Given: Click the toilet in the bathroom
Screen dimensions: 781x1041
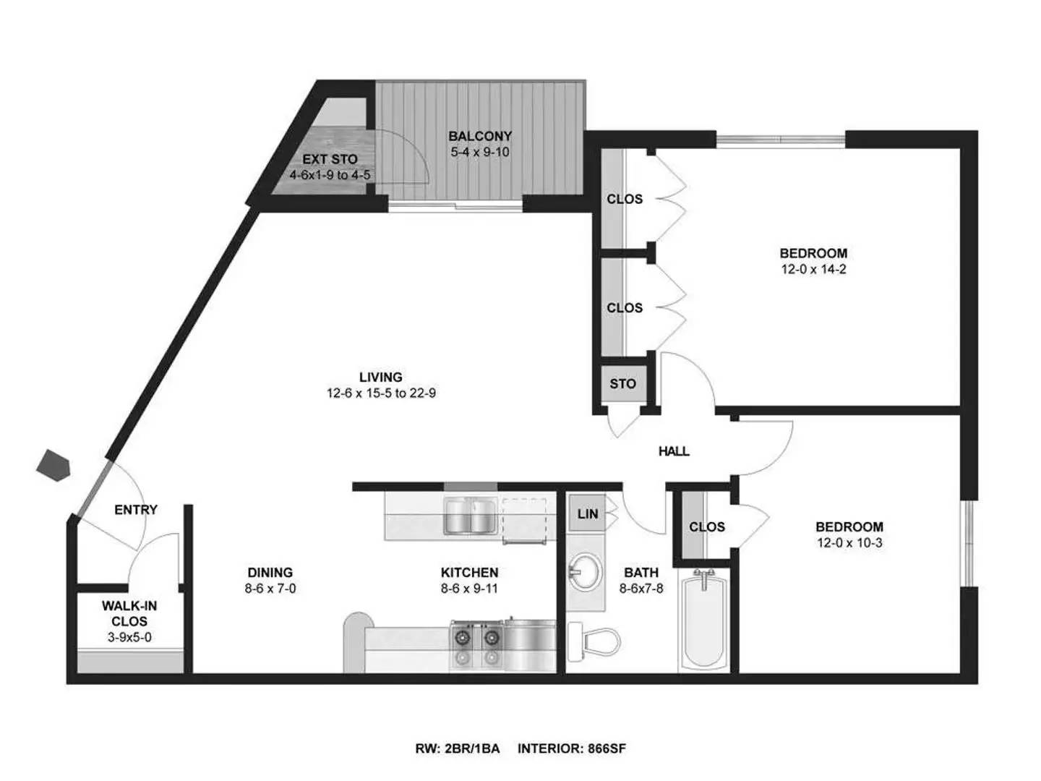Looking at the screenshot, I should (596, 641).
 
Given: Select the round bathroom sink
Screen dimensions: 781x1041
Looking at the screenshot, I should (584, 573).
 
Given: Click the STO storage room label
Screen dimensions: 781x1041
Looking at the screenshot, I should (622, 384).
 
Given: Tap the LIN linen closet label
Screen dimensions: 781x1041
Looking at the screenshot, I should (588, 514).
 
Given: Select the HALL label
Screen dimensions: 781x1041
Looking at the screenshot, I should (674, 451).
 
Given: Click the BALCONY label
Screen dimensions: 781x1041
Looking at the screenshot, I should (480, 136).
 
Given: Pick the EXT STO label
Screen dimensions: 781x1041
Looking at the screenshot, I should (330, 159).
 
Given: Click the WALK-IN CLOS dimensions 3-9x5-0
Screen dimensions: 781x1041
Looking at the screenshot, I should (129, 638).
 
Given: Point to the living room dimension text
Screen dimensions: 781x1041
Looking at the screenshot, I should (381, 393).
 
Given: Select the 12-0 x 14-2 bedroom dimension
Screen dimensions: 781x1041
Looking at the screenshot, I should (813, 270).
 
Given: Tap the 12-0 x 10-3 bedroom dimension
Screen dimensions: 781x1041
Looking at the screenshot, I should (849, 543).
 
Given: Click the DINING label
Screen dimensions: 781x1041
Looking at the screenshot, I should (270, 572).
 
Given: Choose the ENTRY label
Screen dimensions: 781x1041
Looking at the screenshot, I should (136, 510).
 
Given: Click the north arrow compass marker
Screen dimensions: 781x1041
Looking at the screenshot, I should (53, 464).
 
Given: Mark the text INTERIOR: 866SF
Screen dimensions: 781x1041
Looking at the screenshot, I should (572, 749).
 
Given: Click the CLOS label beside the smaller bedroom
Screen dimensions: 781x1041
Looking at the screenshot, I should (706, 527).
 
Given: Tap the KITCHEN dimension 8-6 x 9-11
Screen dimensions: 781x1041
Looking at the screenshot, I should (469, 589).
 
